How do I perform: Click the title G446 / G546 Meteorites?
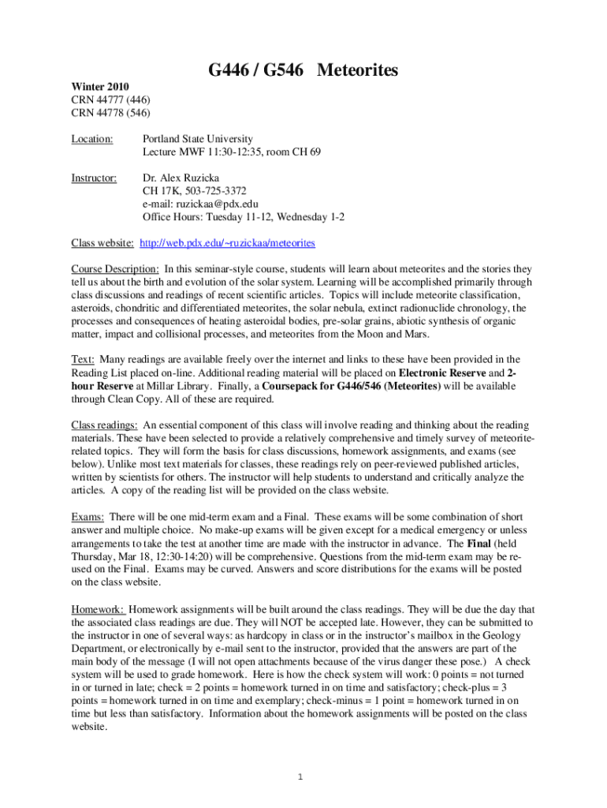click(x=303, y=71)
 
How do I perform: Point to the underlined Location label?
click(x=92, y=139)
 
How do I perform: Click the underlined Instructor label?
click(x=94, y=178)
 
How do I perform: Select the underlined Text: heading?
click(x=84, y=359)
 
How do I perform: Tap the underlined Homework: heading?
click(x=98, y=609)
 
